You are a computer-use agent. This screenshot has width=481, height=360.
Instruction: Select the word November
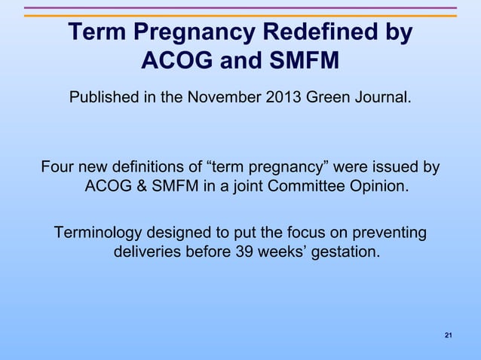point(227,99)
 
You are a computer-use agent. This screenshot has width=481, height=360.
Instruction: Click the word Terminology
point(106,233)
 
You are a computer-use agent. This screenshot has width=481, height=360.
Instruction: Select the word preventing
point(389,233)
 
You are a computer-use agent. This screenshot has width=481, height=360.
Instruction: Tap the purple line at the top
point(240,8)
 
